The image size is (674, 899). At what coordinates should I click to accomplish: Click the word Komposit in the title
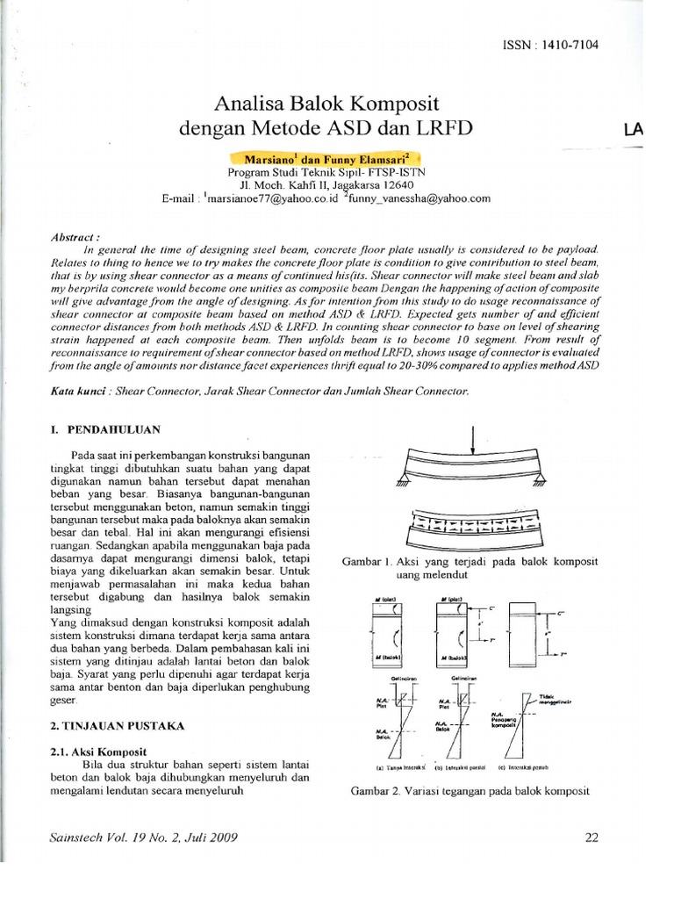coord(403,101)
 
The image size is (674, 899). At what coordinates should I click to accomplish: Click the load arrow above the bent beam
coord(474,436)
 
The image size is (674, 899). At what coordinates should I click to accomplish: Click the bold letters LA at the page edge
coord(632,130)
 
